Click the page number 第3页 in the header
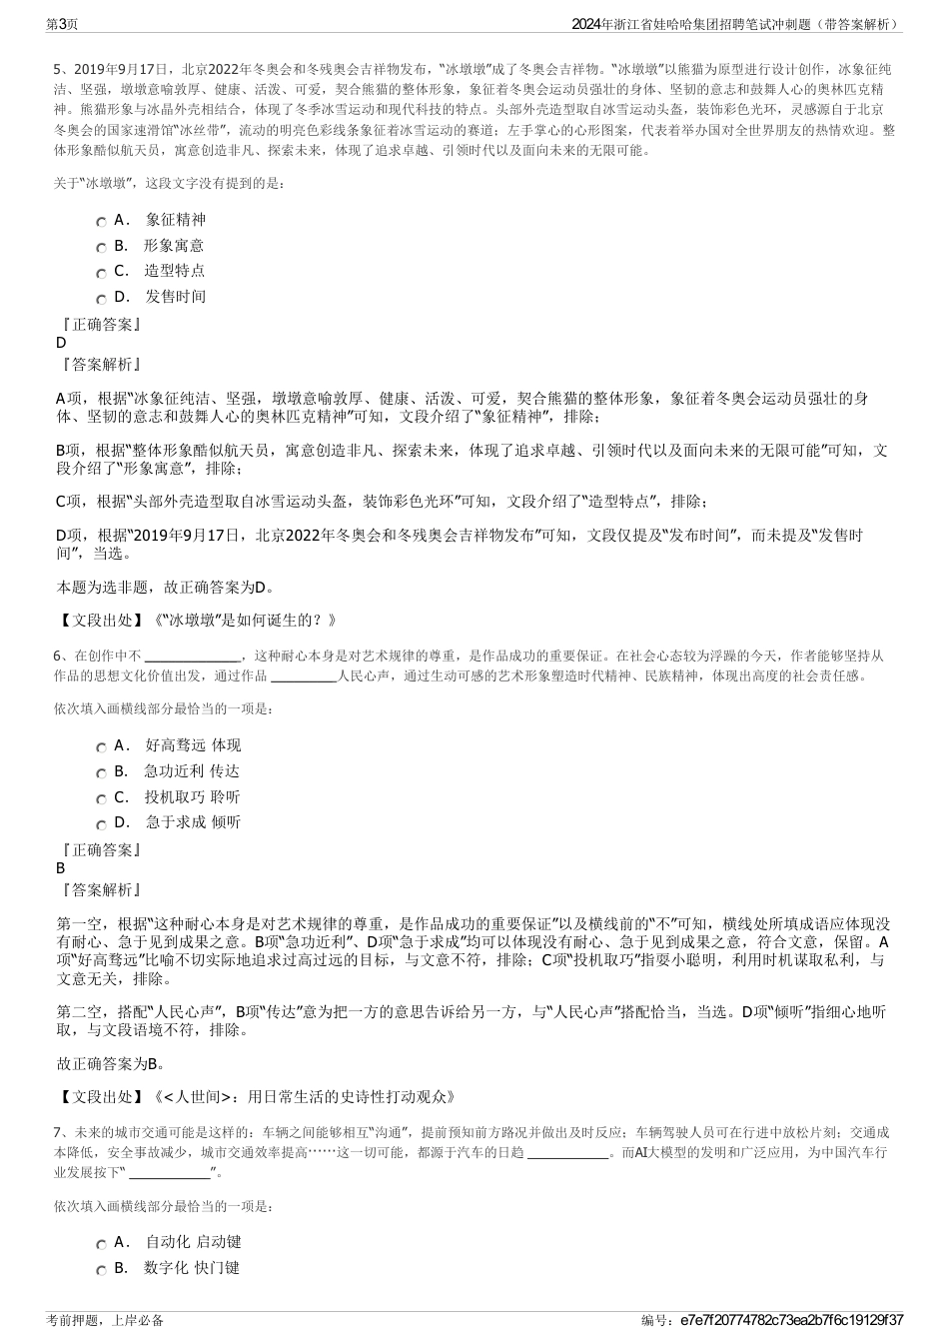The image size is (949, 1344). [63, 23]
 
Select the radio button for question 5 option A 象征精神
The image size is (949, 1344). [101, 222]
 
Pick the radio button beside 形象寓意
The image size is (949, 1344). [101, 247]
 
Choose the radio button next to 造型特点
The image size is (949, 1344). [101, 273]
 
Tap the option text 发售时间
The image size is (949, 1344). [175, 296]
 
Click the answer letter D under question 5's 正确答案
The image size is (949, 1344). [61, 343]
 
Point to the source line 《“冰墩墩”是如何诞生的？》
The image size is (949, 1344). [243, 620]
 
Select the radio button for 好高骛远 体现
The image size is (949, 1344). [101, 747]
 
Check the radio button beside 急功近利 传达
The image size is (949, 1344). [101, 772]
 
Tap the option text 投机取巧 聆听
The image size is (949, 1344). [192, 796]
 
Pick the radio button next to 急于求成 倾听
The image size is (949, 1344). [101, 824]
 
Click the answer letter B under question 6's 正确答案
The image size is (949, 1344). [61, 868]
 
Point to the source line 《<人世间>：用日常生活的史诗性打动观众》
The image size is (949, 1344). [305, 1096]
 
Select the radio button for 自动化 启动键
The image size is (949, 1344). [101, 1244]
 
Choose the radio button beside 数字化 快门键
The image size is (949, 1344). [101, 1270]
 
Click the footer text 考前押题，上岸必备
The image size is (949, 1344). [105, 1320]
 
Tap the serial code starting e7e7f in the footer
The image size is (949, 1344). [790, 1320]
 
